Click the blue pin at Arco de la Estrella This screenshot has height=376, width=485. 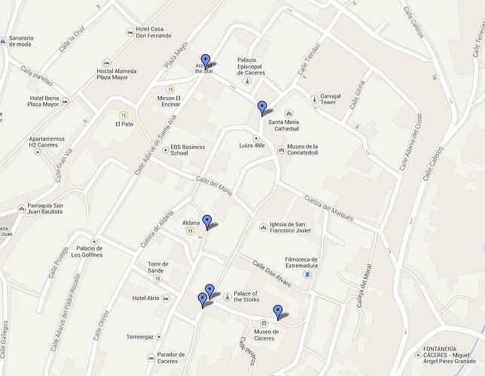(205, 61)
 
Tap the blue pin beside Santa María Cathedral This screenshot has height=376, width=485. (262, 107)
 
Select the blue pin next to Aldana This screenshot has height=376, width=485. (207, 222)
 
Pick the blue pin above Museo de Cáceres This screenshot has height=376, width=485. (278, 311)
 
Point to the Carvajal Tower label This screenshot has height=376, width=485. (336, 101)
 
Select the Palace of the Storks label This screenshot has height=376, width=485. (246, 297)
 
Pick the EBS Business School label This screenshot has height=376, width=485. (188, 150)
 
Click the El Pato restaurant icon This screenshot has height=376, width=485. (117, 124)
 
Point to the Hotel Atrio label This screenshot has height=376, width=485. (145, 299)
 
